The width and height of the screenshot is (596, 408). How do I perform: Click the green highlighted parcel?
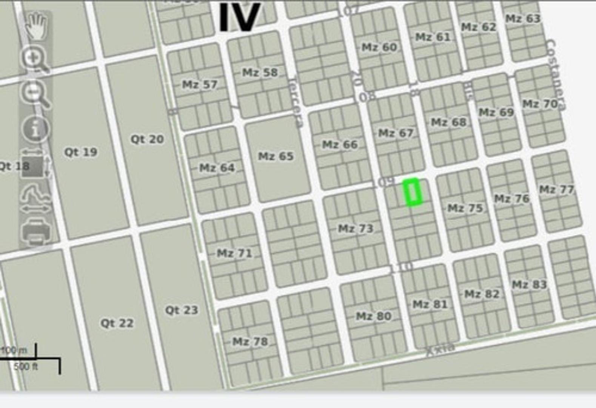(412, 192)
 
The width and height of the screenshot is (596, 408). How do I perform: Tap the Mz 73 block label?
(356, 229)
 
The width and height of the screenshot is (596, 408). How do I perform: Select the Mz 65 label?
(276, 156)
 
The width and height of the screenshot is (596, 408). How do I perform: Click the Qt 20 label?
(147, 139)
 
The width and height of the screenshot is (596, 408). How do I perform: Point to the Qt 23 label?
(182, 310)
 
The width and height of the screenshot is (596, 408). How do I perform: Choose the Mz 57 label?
(200, 85)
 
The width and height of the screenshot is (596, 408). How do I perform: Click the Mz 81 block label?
(430, 304)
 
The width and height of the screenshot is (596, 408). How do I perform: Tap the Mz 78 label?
(250, 342)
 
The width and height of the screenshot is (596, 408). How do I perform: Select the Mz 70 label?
(540, 104)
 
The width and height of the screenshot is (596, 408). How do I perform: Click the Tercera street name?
(296, 103)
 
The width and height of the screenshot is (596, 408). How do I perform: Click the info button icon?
(35, 129)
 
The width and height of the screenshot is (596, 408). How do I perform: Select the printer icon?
(36, 231)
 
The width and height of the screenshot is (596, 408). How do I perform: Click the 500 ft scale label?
(26, 366)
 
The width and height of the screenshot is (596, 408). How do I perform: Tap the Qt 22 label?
(117, 323)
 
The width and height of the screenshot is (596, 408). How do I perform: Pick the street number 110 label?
(401, 267)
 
